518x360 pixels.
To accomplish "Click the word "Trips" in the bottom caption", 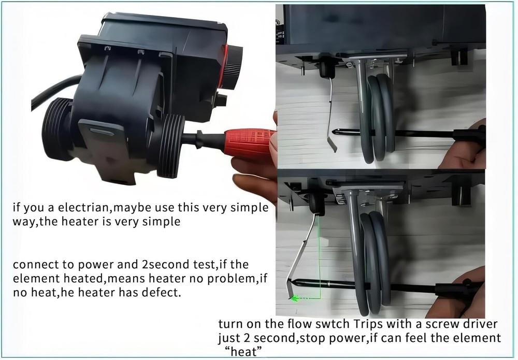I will pos(357,324).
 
